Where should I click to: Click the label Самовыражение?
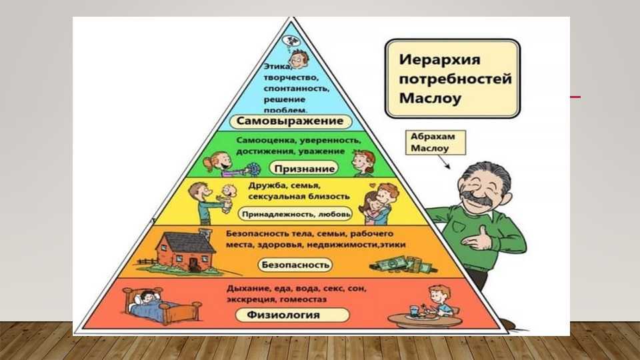coord(290,121)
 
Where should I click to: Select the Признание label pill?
coord(304,169)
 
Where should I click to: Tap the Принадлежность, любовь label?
coord(295,214)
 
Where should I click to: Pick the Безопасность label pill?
coord(295,265)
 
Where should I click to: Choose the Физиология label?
coord(292,315)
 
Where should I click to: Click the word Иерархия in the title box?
coord(434,59)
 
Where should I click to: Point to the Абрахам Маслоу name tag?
coord(435,143)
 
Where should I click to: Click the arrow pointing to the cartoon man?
coord(444,162)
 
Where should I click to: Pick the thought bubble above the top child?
coord(291,41)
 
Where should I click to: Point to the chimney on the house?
coord(205,235)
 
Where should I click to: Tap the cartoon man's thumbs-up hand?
coord(479,240)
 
